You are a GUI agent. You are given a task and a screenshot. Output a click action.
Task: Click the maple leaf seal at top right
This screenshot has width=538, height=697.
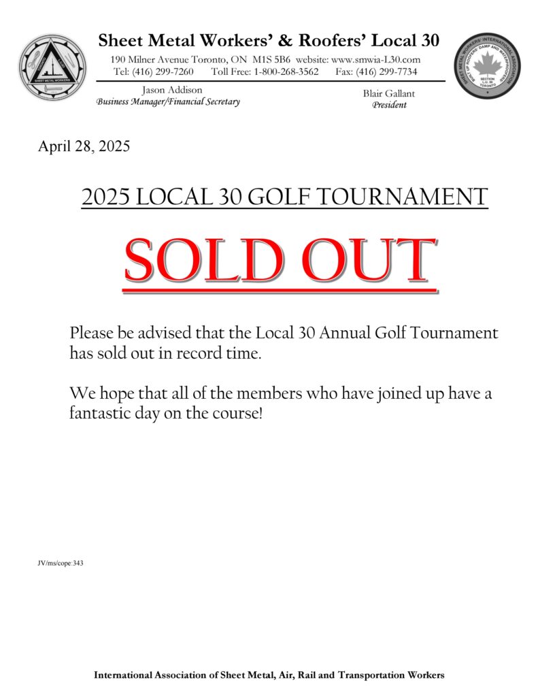point(486,67)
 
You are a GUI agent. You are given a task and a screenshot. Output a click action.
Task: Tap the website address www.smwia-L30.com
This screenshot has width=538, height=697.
point(375,60)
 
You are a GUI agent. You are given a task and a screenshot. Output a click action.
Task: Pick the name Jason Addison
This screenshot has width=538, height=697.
point(172,90)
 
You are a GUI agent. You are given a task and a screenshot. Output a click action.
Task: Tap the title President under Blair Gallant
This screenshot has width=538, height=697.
point(390,105)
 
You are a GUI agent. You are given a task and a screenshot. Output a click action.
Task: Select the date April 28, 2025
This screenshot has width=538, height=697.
point(84,146)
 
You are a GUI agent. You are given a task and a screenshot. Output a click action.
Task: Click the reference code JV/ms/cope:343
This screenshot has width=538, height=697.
point(61,564)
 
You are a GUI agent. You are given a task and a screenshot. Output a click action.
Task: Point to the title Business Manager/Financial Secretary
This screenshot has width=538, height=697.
point(168,102)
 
